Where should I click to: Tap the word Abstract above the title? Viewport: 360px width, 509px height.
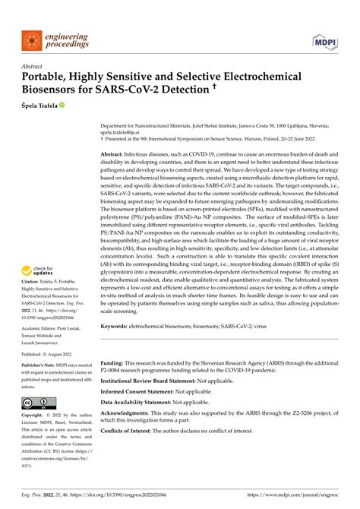(33, 66)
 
